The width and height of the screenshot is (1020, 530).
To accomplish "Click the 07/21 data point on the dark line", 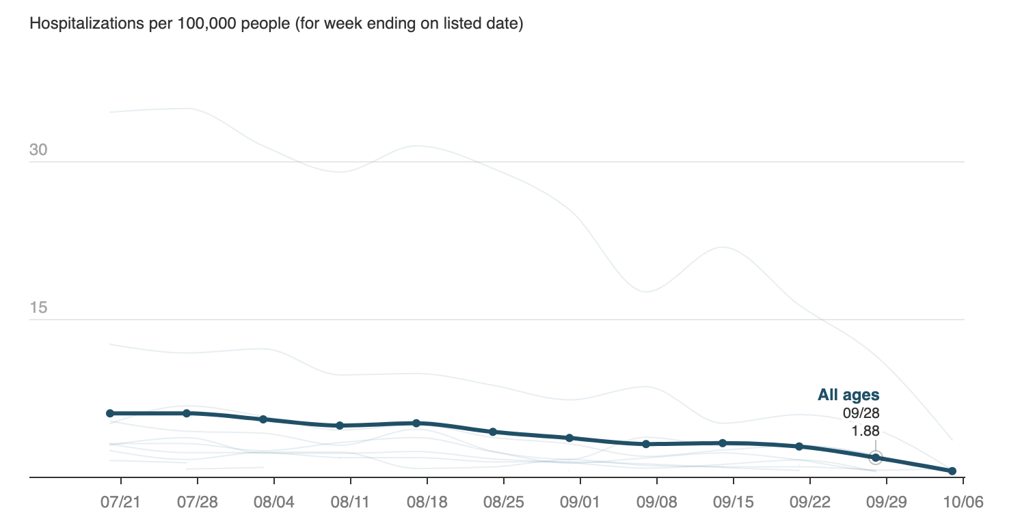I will (110, 413).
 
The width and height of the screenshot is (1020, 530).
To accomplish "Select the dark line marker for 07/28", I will (187, 413).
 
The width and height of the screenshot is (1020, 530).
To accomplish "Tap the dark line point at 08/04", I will (263, 419).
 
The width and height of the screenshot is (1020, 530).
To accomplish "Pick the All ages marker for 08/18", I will (416, 423).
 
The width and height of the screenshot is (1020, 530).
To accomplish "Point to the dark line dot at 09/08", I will (646, 444).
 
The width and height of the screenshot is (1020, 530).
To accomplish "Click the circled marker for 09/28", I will (876, 458).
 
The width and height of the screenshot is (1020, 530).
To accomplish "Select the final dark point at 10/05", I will (952, 471).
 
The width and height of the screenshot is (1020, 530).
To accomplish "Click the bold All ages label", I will (848, 395).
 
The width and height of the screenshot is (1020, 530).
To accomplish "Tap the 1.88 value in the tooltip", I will (865, 430).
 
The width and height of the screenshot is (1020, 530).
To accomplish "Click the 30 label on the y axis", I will (38, 150).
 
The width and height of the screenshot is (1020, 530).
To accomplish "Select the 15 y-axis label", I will (38, 307).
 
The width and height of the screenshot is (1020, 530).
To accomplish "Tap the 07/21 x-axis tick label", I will (120, 503).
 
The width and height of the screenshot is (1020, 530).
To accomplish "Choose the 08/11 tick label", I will (350, 503).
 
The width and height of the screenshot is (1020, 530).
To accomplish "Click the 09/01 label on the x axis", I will (580, 503).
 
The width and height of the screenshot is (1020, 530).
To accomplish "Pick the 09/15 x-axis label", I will (733, 503).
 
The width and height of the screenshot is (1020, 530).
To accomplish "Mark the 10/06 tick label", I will (963, 503).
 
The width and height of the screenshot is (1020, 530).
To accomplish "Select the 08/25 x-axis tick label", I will (503, 503).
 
